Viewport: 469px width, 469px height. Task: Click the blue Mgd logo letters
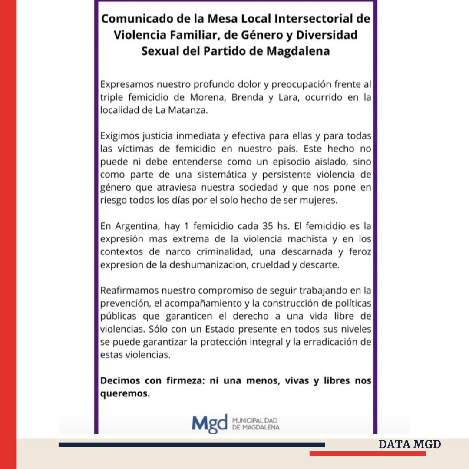209,423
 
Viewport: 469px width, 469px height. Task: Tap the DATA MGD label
410,444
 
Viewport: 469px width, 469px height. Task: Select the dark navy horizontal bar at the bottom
192,444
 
